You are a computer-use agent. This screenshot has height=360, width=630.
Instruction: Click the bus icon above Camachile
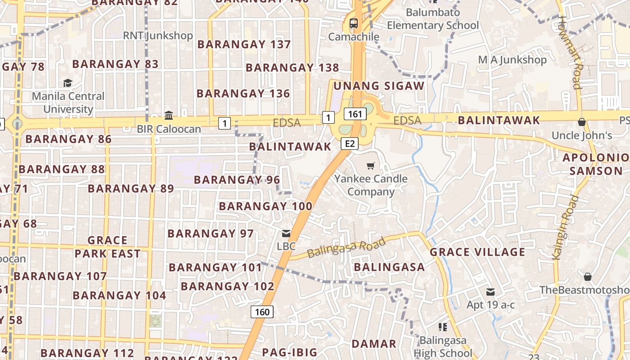coord(354,23)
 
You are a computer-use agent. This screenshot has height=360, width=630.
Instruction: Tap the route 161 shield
coord(355,114)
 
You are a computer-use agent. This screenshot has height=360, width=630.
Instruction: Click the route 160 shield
coord(262,312)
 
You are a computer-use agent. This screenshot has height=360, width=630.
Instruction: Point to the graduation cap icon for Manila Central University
coord(67,83)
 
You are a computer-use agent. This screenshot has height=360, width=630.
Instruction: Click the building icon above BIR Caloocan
coord(169,116)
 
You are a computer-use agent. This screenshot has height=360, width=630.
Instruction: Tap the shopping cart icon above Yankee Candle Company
coord(370,166)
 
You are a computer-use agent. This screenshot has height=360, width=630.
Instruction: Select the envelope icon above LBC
coord(286,234)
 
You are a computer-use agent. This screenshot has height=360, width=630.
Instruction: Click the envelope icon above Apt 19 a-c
coord(490,292)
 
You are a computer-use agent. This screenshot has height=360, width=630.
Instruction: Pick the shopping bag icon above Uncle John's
coord(581,122)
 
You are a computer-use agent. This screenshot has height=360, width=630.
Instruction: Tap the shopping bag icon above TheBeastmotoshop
coord(587,276)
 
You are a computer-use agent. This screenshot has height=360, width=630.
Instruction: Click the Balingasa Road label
coord(346,248)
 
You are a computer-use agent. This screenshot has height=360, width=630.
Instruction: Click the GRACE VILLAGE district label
coord(477,252)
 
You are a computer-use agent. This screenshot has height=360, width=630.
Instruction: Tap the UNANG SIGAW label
coord(379,86)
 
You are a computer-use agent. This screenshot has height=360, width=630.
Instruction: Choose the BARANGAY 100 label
coord(265,207)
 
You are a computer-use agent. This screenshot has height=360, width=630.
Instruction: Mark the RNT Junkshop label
coord(158,36)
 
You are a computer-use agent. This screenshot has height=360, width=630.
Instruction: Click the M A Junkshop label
coord(512,60)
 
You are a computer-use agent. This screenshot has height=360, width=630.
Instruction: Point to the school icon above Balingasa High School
coord(442,327)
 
